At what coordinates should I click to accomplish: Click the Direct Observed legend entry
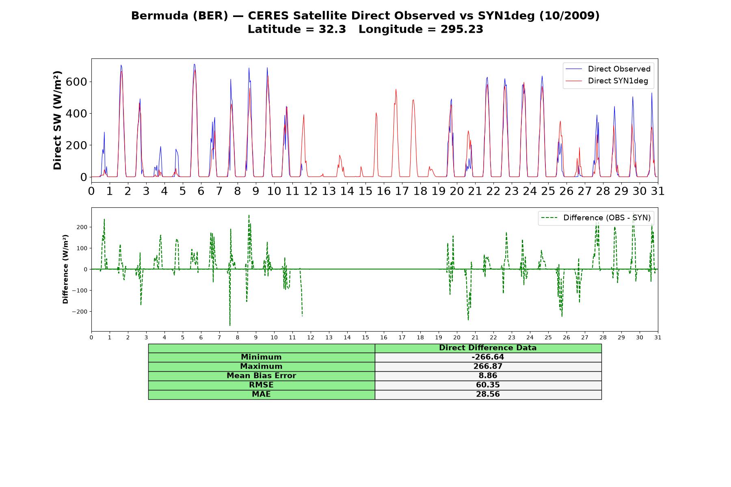pyautogui.click(x=608, y=69)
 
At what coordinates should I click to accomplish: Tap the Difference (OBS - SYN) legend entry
pyautogui.click(x=596, y=218)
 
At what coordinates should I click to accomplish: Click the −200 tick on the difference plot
pyautogui.click(x=80, y=312)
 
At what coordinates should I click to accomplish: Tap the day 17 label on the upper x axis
pyautogui.click(x=402, y=191)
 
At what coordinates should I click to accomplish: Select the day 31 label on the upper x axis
pyautogui.click(x=658, y=191)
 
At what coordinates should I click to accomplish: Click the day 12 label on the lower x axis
pyautogui.click(x=310, y=338)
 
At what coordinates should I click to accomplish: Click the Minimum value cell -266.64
pyautogui.click(x=488, y=357)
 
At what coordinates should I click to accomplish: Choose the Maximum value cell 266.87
pyautogui.click(x=488, y=366)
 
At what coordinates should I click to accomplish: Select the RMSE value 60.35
pyautogui.click(x=488, y=385)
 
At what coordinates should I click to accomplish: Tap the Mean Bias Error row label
pyautogui.click(x=261, y=376)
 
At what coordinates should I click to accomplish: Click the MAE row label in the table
pyautogui.click(x=261, y=394)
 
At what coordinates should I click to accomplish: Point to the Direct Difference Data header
pyautogui.click(x=488, y=348)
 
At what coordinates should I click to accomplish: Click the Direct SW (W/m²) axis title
pyautogui.click(x=58, y=120)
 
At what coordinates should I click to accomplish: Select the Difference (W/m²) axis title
pyautogui.click(x=65, y=269)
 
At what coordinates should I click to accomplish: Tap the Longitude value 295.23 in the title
pyautogui.click(x=462, y=29)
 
